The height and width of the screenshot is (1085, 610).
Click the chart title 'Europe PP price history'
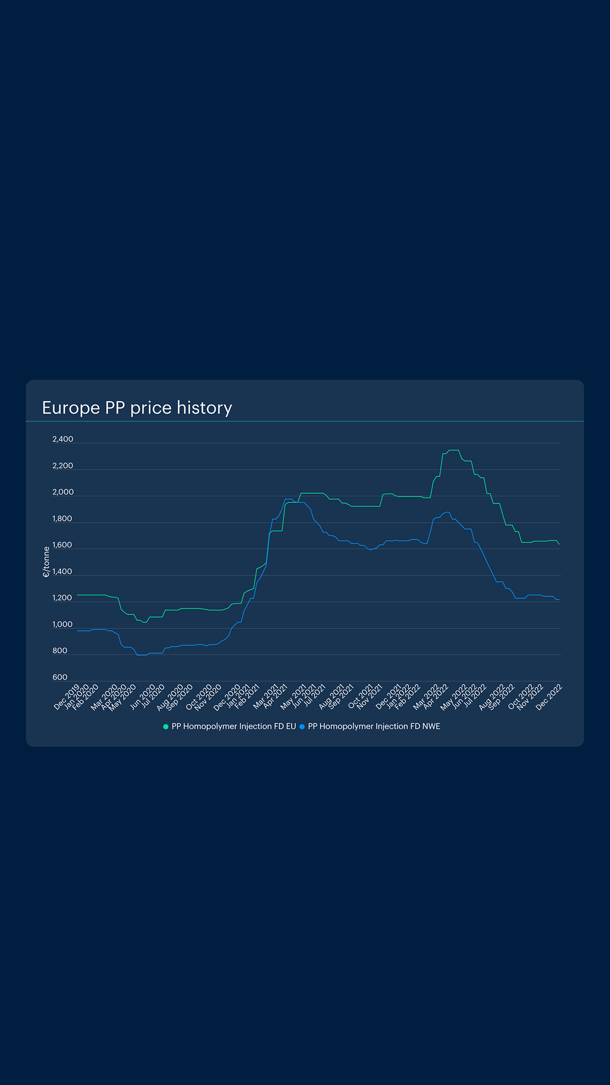click(137, 408)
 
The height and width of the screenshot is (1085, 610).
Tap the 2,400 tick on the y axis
click(63, 440)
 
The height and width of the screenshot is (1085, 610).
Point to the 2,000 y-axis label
click(63, 492)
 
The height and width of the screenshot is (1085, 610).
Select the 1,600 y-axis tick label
click(63, 545)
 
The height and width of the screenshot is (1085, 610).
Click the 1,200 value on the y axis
click(63, 598)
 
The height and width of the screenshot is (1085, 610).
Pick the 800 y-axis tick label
click(60, 651)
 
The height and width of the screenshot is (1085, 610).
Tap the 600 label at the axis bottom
click(60, 678)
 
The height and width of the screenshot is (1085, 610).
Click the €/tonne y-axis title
click(46, 562)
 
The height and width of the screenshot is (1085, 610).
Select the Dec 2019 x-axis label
click(67, 697)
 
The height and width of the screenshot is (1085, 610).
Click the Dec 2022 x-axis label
click(548, 697)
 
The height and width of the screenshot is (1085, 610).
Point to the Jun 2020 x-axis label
click(142, 697)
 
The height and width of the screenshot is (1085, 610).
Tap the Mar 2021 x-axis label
click(265, 697)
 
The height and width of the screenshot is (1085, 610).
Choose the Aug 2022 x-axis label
click(491, 697)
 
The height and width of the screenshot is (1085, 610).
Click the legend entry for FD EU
click(233, 727)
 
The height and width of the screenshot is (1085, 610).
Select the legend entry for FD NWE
click(373, 727)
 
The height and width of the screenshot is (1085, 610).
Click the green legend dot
click(165, 727)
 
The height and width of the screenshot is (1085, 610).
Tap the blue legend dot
click(302, 727)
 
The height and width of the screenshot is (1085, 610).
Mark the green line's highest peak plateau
click(454, 450)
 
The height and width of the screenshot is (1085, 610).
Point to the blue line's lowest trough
click(141, 655)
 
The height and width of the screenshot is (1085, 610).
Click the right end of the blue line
click(559, 600)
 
